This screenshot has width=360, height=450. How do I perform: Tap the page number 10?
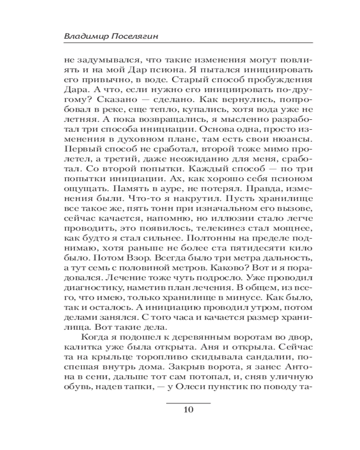coord(189,409)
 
